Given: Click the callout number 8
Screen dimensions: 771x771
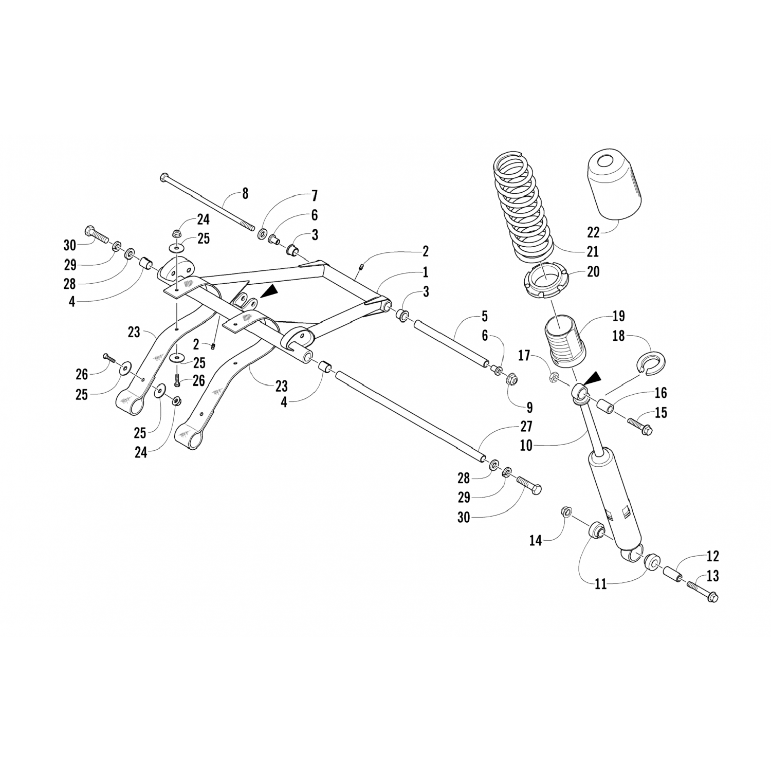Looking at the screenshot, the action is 245,194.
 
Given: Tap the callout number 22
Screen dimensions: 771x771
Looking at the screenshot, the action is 593,232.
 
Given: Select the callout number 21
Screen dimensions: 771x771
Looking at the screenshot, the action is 593,252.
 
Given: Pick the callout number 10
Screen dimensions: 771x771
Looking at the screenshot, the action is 526,446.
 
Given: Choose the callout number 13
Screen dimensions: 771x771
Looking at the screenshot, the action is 712,576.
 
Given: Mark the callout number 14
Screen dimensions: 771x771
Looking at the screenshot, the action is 536,540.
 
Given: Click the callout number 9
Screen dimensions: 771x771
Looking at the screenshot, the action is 529,408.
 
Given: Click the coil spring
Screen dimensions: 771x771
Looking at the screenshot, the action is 522,211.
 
